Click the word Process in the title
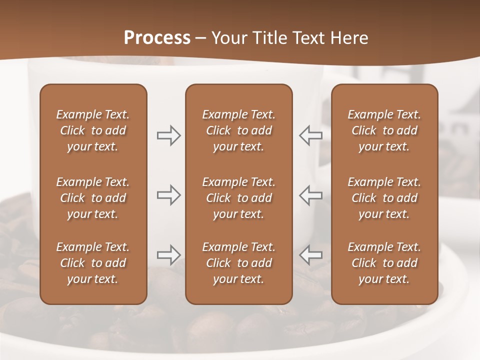[157, 38]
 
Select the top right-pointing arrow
[168, 135]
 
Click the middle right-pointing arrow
[168, 195]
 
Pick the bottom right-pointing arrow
[168, 255]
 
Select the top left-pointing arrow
[311, 135]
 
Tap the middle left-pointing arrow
[311, 195]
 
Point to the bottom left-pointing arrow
[311, 255]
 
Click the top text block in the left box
[93, 130]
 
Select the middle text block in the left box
[93, 198]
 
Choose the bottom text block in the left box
[93, 263]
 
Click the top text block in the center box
[238, 130]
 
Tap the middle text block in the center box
[238, 198]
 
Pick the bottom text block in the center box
[238, 263]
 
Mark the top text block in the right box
[384, 130]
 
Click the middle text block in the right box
[384, 198]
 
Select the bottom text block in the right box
[384, 263]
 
